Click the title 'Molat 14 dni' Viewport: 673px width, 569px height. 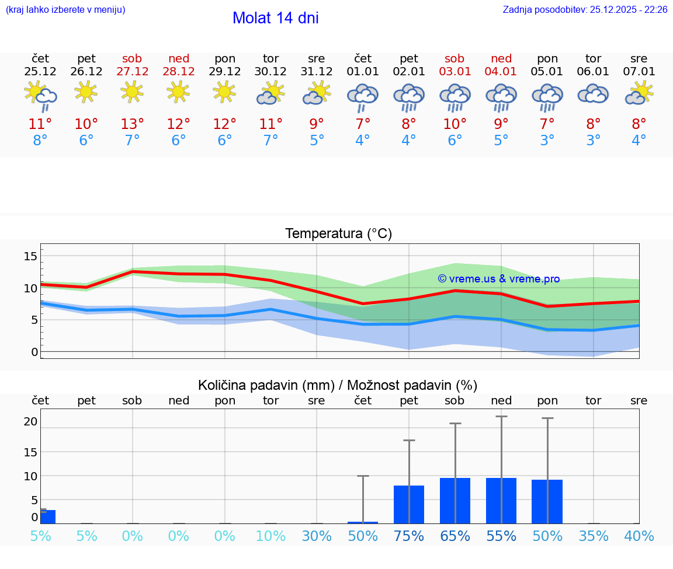[x=275, y=18]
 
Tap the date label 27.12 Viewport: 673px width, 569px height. [x=132, y=72]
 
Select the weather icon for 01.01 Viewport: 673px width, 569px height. [x=363, y=96]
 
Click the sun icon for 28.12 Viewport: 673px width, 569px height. [x=178, y=92]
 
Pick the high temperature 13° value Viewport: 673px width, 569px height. [x=132, y=124]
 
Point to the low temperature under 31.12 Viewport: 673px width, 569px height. [x=317, y=141]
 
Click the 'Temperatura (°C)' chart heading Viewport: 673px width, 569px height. [x=338, y=234]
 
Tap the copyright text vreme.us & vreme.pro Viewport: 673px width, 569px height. [x=499, y=279]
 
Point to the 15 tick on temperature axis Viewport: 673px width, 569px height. [x=30, y=256]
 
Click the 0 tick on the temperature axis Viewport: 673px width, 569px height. [x=34, y=352]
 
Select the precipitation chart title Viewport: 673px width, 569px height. [x=338, y=385]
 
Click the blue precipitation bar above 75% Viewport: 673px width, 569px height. [x=409, y=504]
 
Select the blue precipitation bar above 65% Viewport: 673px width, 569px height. [x=455, y=501]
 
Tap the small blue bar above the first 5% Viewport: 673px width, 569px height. [x=47, y=516]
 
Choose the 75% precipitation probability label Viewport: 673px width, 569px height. [x=409, y=536]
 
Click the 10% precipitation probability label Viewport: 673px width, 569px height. [x=270, y=536]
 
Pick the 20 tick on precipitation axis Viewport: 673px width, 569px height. [x=30, y=421]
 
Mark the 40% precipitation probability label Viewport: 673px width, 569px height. [x=639, y=536]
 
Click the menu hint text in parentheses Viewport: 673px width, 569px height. [x=65, y=9]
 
